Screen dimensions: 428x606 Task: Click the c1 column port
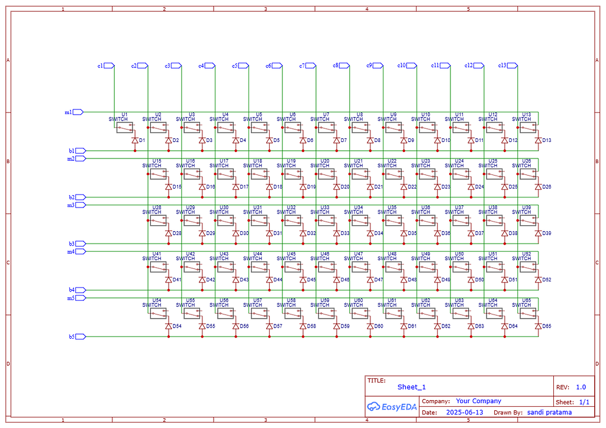[109, 66]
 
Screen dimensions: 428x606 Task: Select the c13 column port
[513, 66]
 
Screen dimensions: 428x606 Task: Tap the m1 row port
[78, 112]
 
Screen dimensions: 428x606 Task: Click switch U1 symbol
[124, 127]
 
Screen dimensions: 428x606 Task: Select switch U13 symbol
[528, 127]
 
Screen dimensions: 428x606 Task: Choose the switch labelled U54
[158, 313]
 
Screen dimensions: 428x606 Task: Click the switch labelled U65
[528, 313]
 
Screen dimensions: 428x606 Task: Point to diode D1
[134, 140]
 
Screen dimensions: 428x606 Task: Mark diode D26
[538, 187]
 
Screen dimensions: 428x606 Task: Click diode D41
[168, 280]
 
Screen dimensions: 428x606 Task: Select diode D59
[336, 326]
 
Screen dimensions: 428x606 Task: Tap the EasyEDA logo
[392, 406]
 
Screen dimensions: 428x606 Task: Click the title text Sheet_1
[411, 387]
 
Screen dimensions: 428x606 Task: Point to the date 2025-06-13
[465, 412]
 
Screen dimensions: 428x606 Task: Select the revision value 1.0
[581, 387]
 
